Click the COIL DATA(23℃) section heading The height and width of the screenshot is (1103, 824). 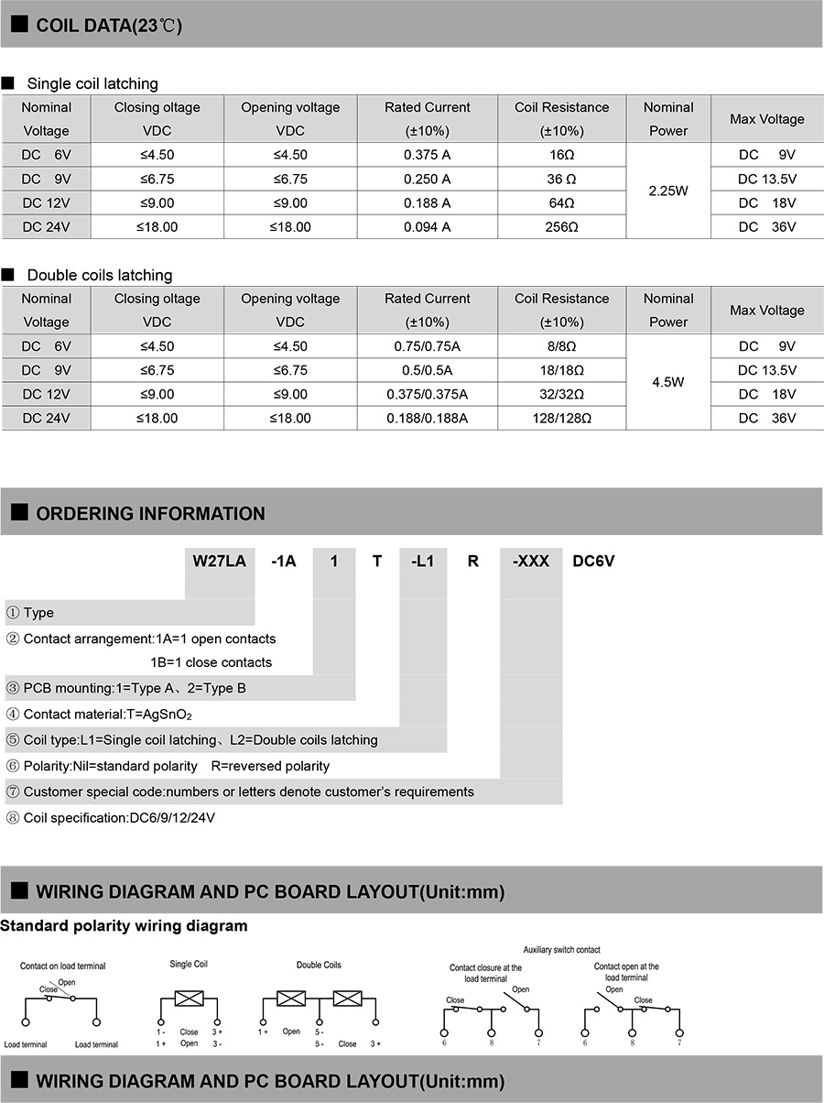pyautogui.click(x=108, y=26)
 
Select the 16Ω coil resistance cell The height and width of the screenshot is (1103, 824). pyautogui.click(x=561, y=155)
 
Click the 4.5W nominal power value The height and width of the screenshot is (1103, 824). pyautogui.click(x=667, y=382)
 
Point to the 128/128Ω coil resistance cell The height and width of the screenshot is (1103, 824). pyautogui.click(x=561, y=418)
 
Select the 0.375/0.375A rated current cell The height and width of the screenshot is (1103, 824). pyautogui.click(x=427, y=394)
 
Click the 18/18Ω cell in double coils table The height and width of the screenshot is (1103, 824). pyautogui.click(x=561, y=370)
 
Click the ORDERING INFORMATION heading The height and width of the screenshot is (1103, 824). pyautogui.click(x=150, y=513)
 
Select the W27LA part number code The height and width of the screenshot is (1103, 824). pyautogui.click(x=219, y=561)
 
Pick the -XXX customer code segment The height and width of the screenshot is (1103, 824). pyautogui.click(x=530, y=561)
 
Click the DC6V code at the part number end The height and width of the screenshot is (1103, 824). pyautogui.click(x=593, y=561)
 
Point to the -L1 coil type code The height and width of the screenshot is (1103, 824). pyautogui.click(x=422, y=561)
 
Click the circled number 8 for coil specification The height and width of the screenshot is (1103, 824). pyautogui.click(x=13, y=818)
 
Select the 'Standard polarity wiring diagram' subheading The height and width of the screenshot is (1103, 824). pyautogui.click(x=124, y=925)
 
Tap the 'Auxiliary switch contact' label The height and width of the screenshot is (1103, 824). pyautogui.click(x=561, y=950)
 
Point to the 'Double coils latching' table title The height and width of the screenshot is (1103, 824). pyautogui.click(x=99, y=275)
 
